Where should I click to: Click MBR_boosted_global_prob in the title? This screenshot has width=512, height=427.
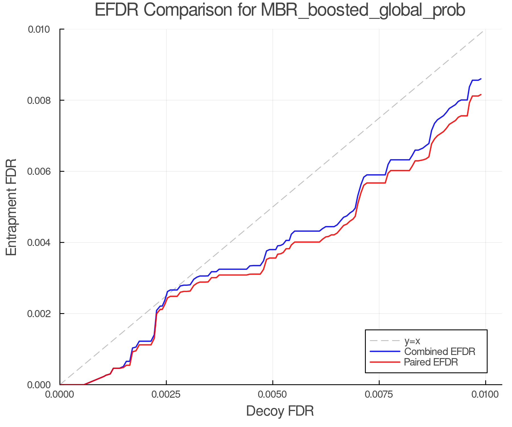pos(363,10)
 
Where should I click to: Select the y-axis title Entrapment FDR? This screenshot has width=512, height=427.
pos(11,207)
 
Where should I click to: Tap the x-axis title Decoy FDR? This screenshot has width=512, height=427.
pos(280,411)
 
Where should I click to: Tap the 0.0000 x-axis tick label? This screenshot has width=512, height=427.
pos(60,395)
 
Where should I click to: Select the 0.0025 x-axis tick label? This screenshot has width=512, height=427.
pos(166,395)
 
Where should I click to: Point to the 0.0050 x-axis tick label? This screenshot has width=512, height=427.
pos(272,395)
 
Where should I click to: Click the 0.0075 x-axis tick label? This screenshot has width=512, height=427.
pos(379,395)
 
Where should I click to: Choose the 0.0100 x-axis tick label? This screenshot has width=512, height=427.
pos(485,395)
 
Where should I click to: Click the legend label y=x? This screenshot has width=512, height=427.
pos(412,341)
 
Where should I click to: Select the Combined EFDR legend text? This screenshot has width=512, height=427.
pos(439,352)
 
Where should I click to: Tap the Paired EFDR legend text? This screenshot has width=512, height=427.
pos(431,362)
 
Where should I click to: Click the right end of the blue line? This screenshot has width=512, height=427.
pos(481,79)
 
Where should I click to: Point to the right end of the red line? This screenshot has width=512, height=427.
pos(481,95)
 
